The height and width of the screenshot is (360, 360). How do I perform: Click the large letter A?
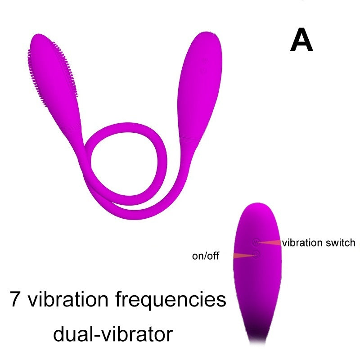(301, 40)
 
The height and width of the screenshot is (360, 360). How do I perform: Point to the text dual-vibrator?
(113, 334)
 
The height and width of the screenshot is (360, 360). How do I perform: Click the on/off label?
(205, 256)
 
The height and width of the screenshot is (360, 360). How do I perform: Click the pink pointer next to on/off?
(244, 256)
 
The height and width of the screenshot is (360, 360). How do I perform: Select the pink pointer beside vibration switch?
(270, 243)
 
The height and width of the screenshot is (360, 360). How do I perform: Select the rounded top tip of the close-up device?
(256, 209)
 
